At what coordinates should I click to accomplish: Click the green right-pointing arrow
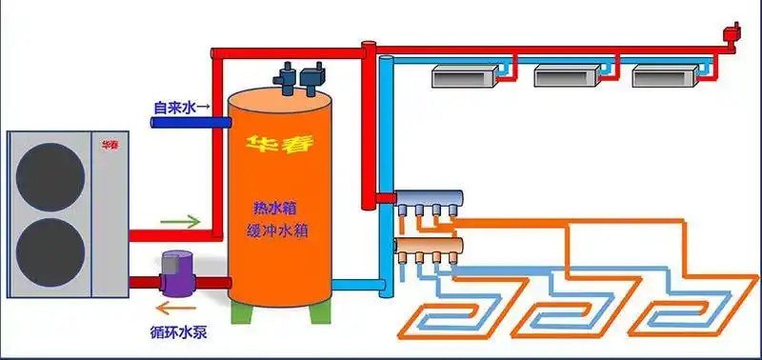point(180,223)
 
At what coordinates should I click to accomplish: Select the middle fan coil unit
point(561,74)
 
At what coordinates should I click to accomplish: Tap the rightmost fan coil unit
point(659,74)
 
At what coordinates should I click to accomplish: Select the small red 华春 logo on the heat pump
point(110,146)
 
